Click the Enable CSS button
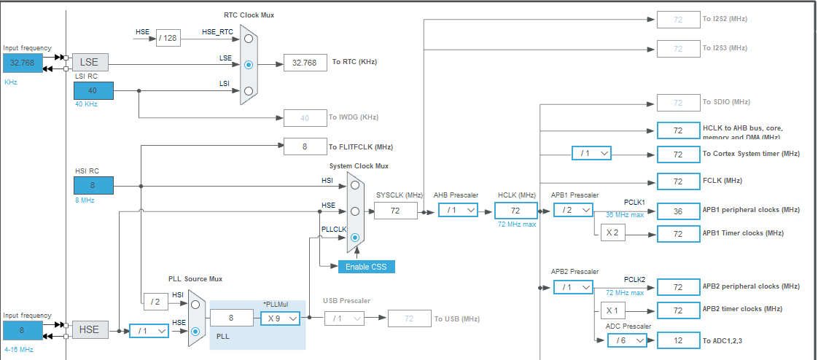(x=366, y=267)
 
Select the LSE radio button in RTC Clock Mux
(x=249, y=64)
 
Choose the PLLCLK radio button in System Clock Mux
(x=355, y=238)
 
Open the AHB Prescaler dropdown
(x=458, y=210)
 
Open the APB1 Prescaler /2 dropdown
(x=573, y=210)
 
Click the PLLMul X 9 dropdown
(x=281, y=318)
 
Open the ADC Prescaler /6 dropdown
(x=626, y=340)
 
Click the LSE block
(x=89, y=63)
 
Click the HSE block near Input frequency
(x=89, y=330)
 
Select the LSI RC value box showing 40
(x=93, y=90)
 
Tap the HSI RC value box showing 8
(x=93, y=186)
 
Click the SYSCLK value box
(x=395, y=211)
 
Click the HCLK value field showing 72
(x=515, y=211)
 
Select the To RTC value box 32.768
(x=305, y=63)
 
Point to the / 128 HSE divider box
(x=168, y=38)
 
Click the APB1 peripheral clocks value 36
(x=678, y=211)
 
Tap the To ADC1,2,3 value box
(x=678, y=340)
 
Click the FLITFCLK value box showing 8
(x=305, y=146)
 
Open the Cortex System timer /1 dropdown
(x=591, y=154)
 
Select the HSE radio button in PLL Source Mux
(x=195, y=331)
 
